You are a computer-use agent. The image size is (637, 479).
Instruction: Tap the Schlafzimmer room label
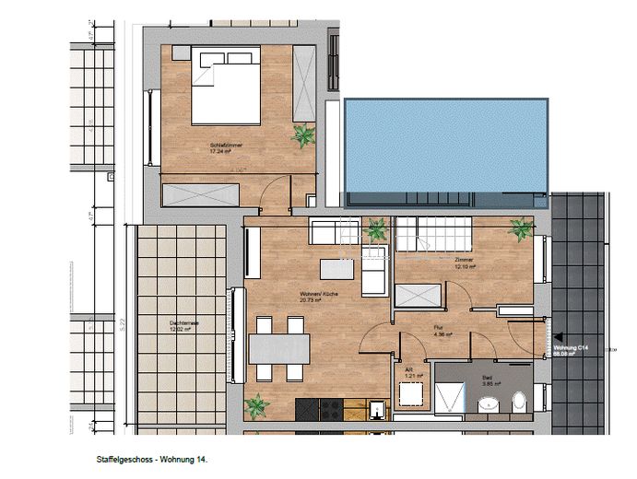(x=226, y=147)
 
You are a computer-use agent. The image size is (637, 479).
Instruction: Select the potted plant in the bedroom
(x=302, y=136)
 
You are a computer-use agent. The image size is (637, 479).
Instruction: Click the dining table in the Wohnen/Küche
(x=278, y=348)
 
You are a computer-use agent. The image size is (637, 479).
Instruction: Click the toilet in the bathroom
(x=518, y=403)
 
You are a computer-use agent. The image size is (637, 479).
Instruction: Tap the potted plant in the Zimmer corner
(x=521, y=228)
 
